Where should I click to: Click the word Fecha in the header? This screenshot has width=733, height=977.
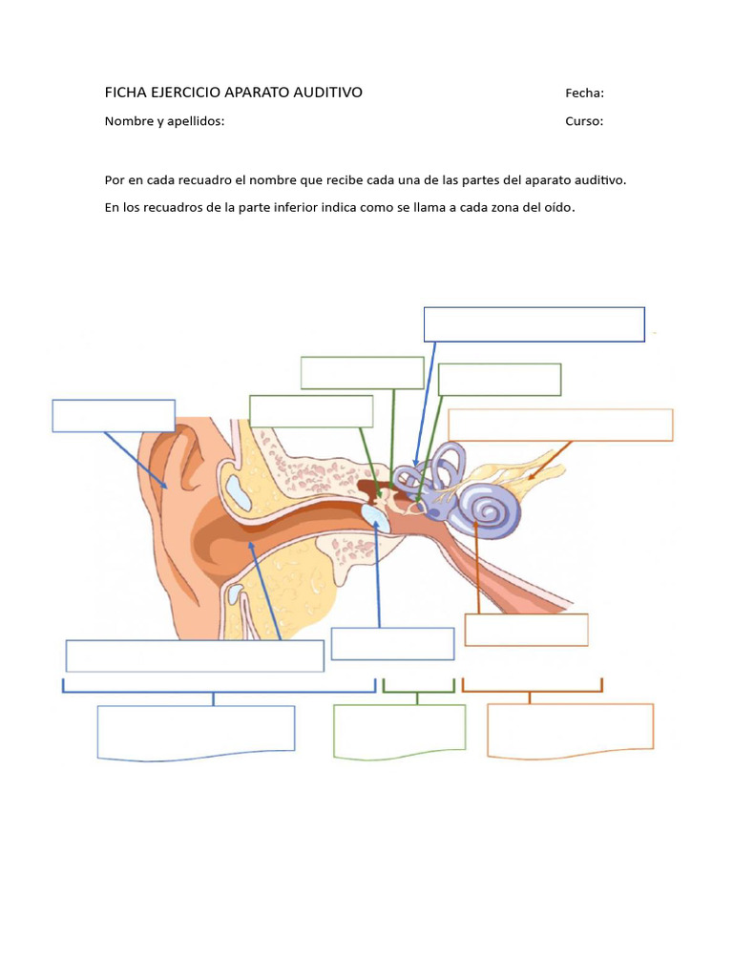[584, 93]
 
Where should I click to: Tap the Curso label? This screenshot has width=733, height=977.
[584, 121]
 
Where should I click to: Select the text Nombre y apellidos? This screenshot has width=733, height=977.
[164, 121]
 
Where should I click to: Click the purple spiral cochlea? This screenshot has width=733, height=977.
[492, 510]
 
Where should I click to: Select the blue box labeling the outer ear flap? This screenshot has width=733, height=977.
[114, 416]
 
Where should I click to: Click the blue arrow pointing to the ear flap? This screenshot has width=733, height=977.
[136, 461]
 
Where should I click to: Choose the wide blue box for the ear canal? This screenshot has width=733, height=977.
[195, 655]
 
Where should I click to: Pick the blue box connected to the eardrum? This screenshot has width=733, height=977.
[392, 643]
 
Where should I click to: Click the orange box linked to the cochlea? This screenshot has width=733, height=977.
[526, 630]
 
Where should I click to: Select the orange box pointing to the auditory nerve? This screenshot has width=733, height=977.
[560, 425]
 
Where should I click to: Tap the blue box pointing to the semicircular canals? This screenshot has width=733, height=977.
[534, 323]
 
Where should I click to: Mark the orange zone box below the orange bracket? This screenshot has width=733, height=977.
[570, 730]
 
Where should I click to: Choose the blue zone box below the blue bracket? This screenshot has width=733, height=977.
[196, 732]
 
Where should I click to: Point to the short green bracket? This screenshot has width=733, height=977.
[418, 686]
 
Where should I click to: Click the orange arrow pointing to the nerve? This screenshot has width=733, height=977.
[550, 459]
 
